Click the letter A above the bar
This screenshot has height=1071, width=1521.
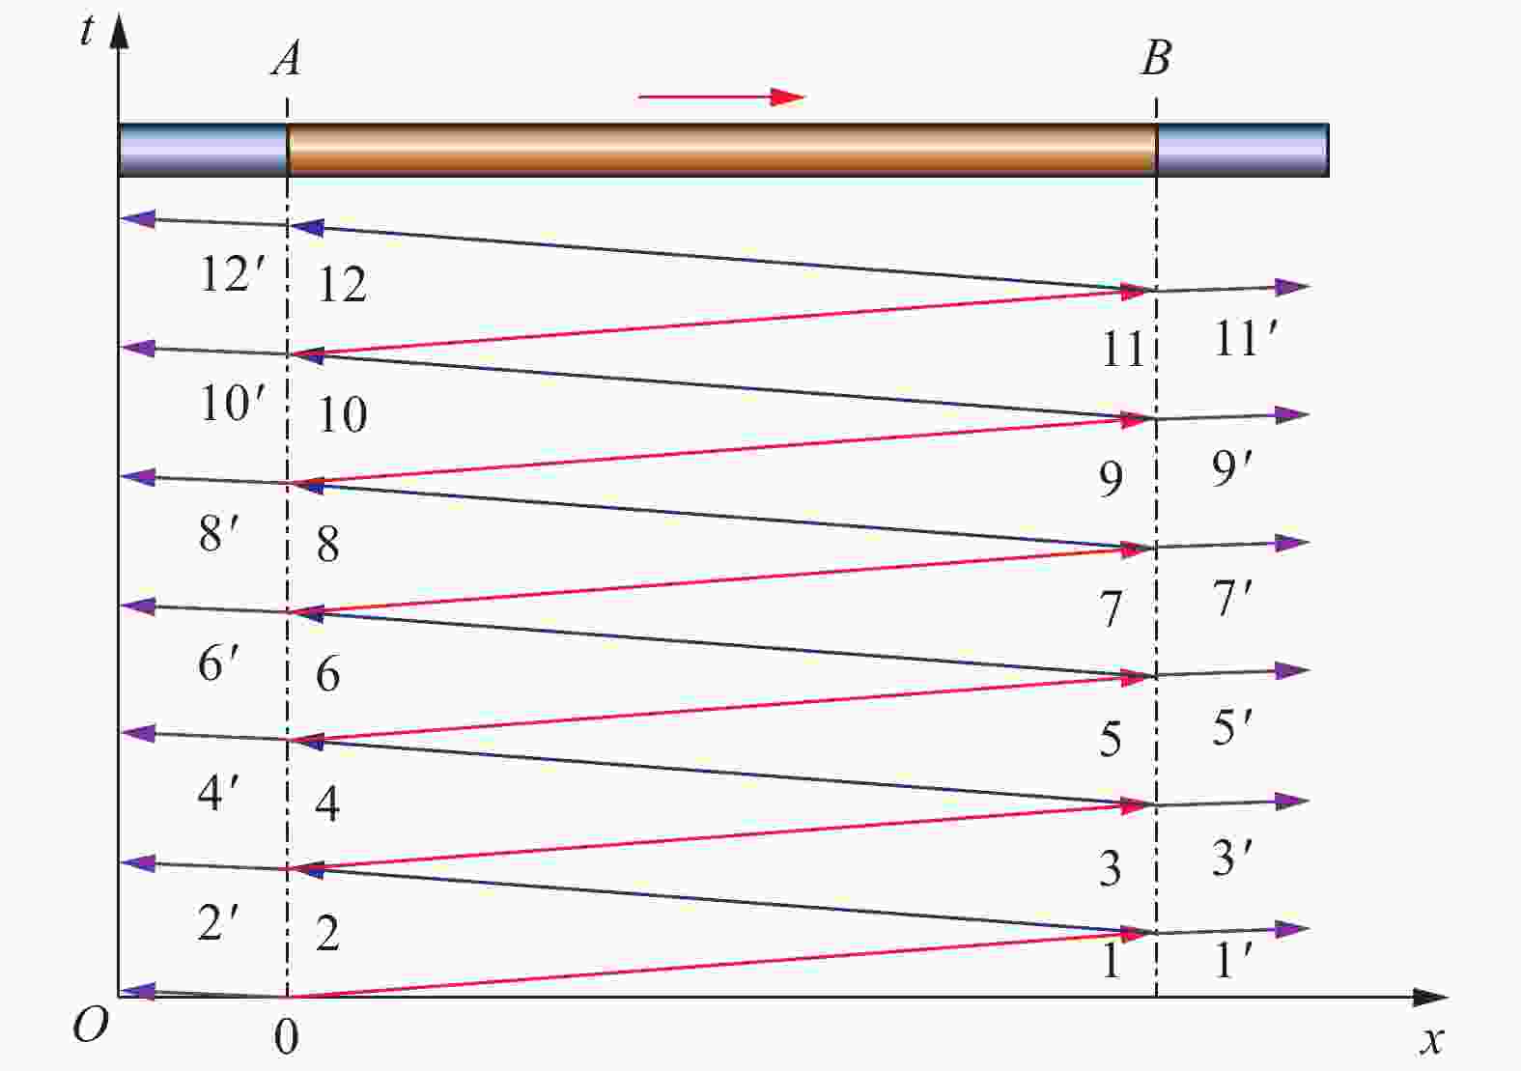[287, 58]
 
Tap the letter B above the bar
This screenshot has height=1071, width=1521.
[1156, 58]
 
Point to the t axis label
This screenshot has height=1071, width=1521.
[86, 31]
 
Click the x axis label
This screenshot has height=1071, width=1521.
[1432, 1041]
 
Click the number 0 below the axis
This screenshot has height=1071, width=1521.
[287, 1037]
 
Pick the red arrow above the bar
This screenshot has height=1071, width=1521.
[721, 98]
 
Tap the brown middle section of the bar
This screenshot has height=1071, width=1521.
[721, 150]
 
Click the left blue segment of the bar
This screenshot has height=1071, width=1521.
[203, 150]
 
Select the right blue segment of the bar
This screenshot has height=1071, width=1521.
[1243, 150]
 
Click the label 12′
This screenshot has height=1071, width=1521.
[232, 274]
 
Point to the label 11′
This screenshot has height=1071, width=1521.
[1246, 338]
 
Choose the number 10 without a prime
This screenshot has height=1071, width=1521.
[343, 414]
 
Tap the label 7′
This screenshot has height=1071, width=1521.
[1232, 599]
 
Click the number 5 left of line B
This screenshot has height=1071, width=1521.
[1111, 739]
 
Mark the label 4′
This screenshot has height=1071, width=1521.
[218, 792]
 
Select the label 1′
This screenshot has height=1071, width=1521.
[1232, 960]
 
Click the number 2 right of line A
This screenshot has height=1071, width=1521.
[328, 933]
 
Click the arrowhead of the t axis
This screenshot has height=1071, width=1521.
[120, 31]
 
